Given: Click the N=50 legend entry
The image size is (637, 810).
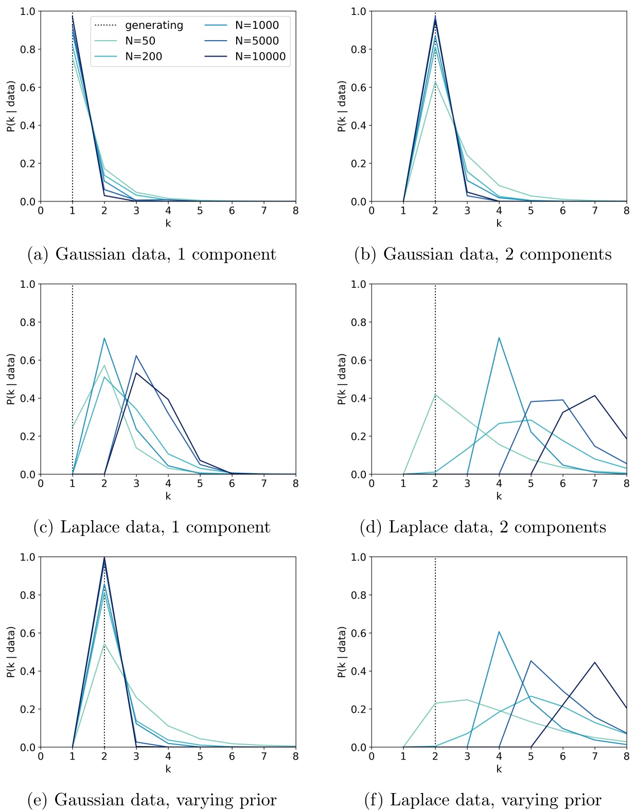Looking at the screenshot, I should (140, 41).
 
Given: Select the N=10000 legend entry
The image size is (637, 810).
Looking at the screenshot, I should (260, 57).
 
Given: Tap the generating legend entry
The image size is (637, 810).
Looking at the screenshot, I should (153, 25).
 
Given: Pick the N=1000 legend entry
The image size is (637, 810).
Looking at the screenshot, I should (256, 25).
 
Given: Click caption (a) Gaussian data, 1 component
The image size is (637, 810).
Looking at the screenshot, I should (152, 254).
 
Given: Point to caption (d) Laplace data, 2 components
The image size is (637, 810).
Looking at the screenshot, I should (483, 527).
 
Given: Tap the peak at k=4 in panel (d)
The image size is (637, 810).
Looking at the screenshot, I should (499, 338).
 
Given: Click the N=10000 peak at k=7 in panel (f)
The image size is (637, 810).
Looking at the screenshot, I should (595, 662).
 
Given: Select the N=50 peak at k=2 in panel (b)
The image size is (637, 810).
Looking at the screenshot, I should (435, 82).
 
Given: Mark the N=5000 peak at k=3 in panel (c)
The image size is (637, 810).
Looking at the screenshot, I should (136, 356).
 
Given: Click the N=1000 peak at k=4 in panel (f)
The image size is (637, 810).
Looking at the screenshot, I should (499, 631).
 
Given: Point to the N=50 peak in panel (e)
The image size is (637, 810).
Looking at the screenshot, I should (104, 643).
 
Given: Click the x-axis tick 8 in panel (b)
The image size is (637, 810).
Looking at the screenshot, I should (626, 211).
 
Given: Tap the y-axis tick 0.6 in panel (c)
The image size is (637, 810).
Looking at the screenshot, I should (28, 360).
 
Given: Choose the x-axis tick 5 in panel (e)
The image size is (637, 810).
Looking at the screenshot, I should (200, 756).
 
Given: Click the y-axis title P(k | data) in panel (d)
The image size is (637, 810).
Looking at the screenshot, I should (342, 379).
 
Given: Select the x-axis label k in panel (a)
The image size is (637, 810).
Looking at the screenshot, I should (168, 223).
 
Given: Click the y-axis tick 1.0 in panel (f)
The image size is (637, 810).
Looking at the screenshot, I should (358, 557).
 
